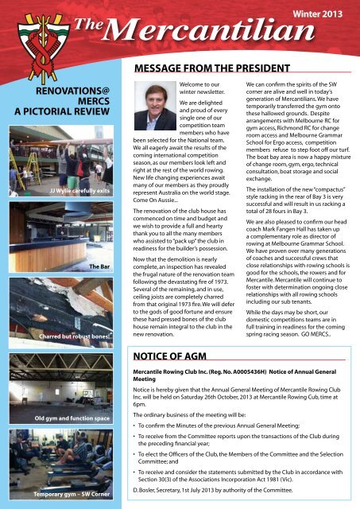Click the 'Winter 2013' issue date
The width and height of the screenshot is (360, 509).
click(322, 15)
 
